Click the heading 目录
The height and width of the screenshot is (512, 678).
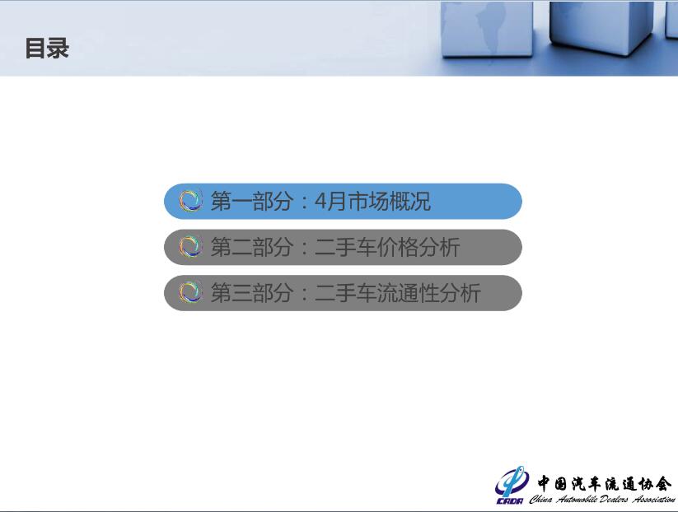pyautogui.click(x=47, y=48)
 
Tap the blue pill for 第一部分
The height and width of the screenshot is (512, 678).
pyautogui.click(x=343, y=202)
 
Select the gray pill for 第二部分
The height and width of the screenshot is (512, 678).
pyautogui.click(x=343, y=247)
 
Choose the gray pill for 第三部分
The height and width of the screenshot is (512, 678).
pyautogui.click(x=343, y=293)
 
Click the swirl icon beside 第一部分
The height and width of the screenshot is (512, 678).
pyautogui.click(x=190, y=201)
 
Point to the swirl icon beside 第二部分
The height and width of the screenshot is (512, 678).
pyautogui.click(x=190, y=247)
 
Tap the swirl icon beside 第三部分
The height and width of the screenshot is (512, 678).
pyautogui.click(x=190, y=292)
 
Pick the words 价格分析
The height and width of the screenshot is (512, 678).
pyautogui.click(x=418, y=247)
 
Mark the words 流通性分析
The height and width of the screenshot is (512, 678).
pyautogui.click(x=428, y=293)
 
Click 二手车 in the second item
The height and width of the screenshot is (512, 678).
pyautogui.click(x=345, y=247)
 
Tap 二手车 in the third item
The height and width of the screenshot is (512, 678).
pyautogui.click(x=345, y=293)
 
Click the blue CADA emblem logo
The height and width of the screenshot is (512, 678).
pyautogui.click(x=511, y=485)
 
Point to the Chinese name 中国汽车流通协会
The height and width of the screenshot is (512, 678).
pyautogui.click(x=605, y=483)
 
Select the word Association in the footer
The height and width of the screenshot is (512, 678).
pyautogui.click(x=654, y=500)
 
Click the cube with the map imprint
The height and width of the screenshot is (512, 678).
pyautogui.click(x=487, y=29)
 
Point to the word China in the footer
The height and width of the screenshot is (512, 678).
pyautogui.click(x=541, y=500)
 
